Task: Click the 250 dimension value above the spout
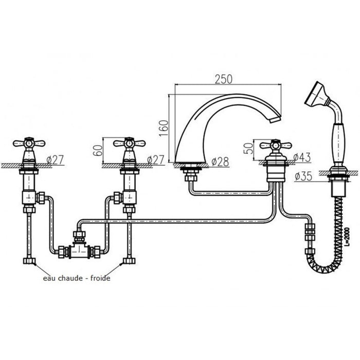click(224, 79)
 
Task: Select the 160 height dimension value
click(164, 128)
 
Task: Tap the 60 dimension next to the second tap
click(98, 150)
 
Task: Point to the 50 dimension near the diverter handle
click(248, 148)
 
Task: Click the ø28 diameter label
click(220, 162)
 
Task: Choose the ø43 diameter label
click(302, 157)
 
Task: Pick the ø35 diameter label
click(303, 176)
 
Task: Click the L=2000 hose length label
click(347, 237)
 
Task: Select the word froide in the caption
click(100, 278)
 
